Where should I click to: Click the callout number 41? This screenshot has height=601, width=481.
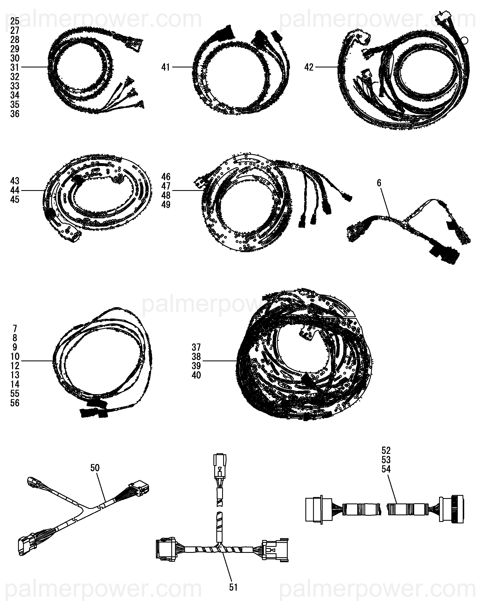[166, 67]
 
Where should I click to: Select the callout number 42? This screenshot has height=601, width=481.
[309, 67]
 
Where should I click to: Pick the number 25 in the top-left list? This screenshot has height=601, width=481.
[15, 21]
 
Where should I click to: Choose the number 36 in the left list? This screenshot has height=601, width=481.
[15, 114]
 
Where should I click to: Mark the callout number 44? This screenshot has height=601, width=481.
[15, 190]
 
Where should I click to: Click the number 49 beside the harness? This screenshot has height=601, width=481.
[166, 205]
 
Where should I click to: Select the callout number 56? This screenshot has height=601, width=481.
[15, 403]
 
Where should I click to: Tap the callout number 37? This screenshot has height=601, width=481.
[196, 347]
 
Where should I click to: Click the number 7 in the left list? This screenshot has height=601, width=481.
[15, 328]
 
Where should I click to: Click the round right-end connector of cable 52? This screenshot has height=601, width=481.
[451, 509]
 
